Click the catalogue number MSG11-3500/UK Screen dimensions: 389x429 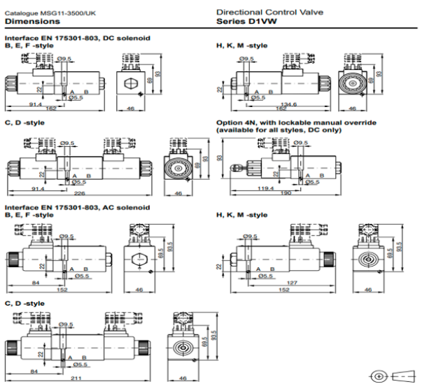tap(48, 13)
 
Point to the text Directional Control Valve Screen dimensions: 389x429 tap(267, 13)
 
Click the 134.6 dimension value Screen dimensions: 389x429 tap(280, 104)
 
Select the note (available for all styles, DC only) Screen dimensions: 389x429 tap(281, 130)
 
